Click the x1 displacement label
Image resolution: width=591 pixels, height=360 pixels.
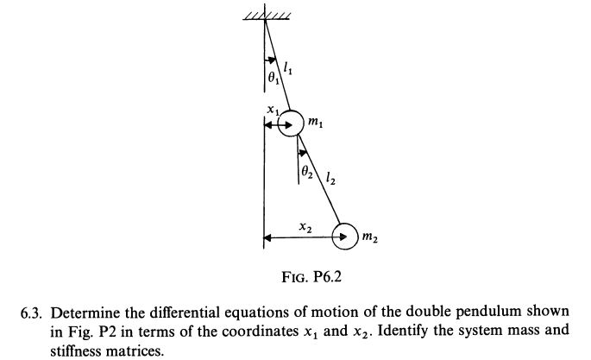[270, 111]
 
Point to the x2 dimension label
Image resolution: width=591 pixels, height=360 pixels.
[304, 227]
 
